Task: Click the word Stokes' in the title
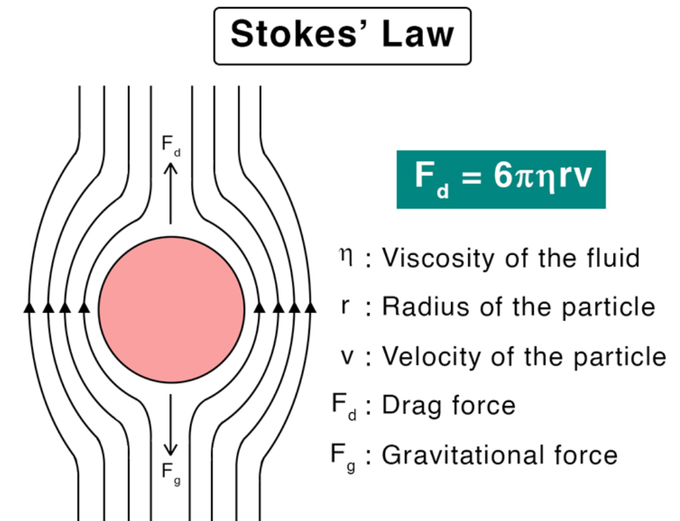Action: click(x=299, y=34)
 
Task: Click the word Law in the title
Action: click(x=419, y=34)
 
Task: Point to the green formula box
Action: click(x=501, y=179)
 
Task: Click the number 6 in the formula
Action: click(x=503, y=176)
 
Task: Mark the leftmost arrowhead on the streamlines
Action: click(x=29, y=308)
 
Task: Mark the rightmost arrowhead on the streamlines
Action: click(x=310, y=308)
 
